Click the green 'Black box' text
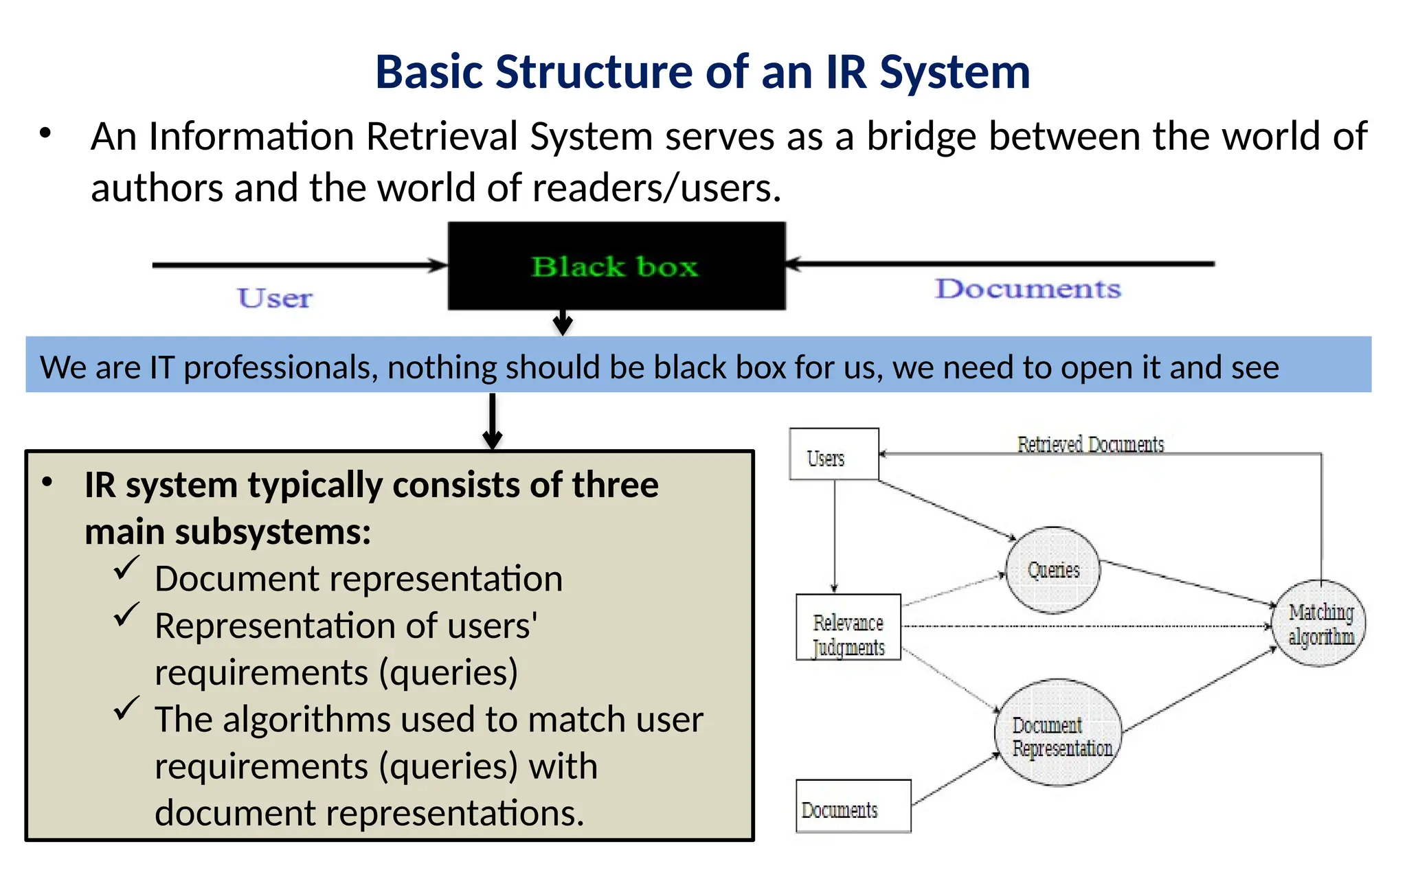[x=615, y=266]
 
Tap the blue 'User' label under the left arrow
[x=275, y=298]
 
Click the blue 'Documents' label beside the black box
[x=1028, y=288]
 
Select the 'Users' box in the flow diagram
[x=833, y=455]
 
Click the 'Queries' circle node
[x=1053, y=570]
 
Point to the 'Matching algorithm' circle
[x=1320, y=624]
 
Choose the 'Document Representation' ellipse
[x=1059, y=733]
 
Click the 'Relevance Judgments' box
[x=848, y=628]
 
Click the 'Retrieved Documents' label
[x=1090, y=445]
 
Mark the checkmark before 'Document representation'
[x=126, y=569]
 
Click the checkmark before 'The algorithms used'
[x=126, y=709]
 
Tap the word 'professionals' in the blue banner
[x=281, y=367]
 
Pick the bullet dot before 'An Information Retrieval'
[x=46, y=133]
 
